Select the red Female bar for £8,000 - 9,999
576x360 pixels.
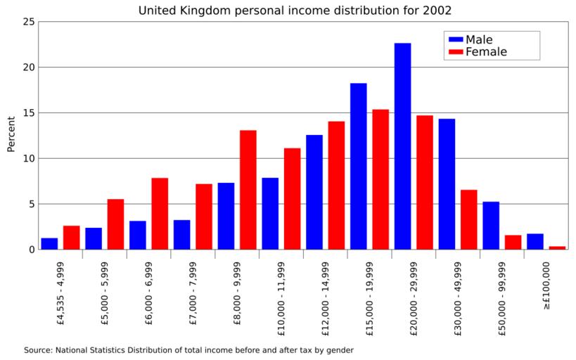pos(248,190)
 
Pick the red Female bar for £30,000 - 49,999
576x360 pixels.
pos(468,219)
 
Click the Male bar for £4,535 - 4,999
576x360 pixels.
pos(49,244)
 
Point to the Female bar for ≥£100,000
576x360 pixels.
pos(557,247)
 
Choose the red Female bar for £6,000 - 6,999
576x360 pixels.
pos(160,214)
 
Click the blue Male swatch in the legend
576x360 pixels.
pos(455,39)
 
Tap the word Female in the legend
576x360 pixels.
pos(486,52)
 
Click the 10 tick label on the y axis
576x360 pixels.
pos(28,158)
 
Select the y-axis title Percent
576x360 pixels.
pos(11,134)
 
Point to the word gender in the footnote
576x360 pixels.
pos(338,349)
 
